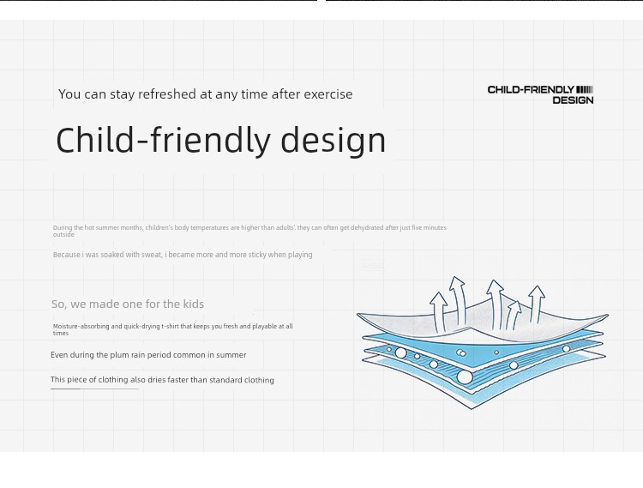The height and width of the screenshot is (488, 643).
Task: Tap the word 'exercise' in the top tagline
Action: [328, 93]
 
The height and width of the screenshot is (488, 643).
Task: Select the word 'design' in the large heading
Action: [333, 141]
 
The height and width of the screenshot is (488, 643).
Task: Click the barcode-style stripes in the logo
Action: [585, 89]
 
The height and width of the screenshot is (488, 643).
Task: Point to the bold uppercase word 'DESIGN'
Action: [573, 100]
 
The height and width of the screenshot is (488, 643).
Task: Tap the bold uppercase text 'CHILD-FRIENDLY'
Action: [531, 89]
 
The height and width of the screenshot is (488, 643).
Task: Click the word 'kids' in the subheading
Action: [193, 304]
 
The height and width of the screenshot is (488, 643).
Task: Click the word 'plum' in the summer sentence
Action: [119, 355]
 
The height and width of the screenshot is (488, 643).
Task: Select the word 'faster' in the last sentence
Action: [178, 380]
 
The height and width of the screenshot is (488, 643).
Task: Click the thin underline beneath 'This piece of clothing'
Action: [94, 389]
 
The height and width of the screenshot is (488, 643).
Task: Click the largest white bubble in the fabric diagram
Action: [465, 377]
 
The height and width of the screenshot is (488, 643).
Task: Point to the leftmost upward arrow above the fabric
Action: [439, 311]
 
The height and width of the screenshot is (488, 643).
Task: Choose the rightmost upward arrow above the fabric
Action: [536, 304]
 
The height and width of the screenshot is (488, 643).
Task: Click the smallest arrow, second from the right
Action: [512, 315]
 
